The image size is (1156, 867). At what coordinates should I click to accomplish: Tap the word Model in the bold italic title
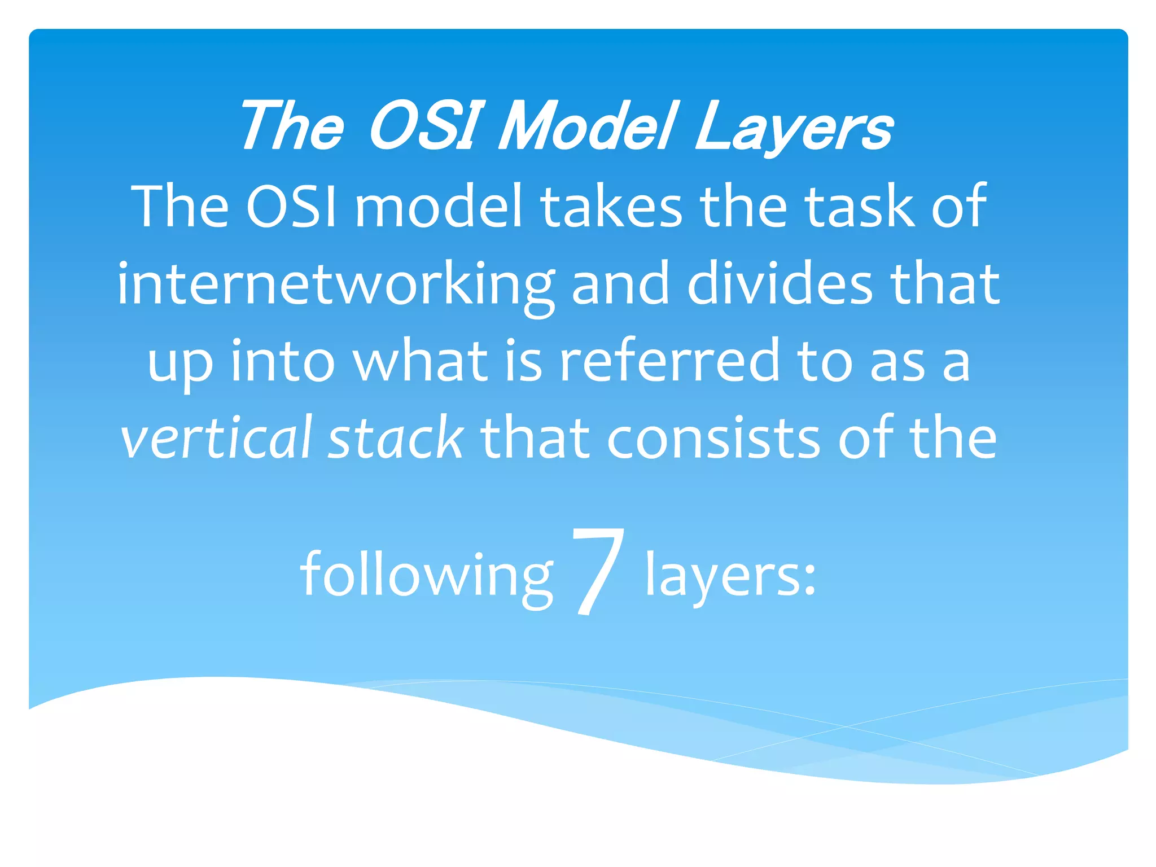(584, 127)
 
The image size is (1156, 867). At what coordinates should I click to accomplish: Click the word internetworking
(336, 285)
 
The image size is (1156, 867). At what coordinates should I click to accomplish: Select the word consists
(713, 438)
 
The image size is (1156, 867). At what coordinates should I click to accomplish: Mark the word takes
(612, 207)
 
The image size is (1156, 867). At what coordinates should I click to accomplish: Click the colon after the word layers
(809, 581)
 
